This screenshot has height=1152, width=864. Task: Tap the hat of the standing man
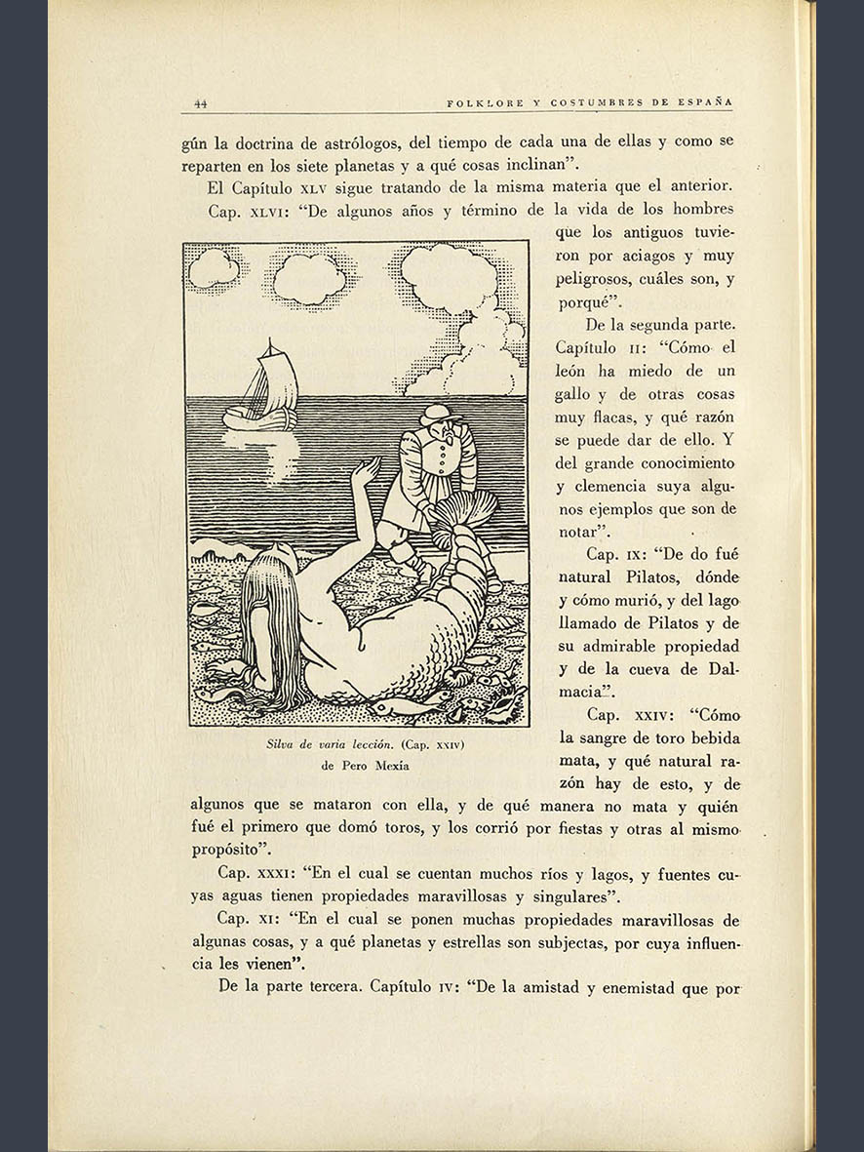click(438, 411)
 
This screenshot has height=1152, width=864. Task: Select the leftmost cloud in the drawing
click(214, 268)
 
